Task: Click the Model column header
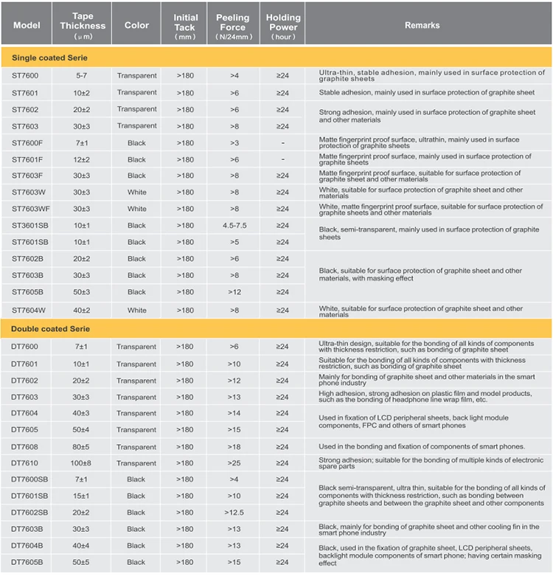[x=27, y=25]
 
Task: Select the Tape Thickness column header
[x=88, y=25]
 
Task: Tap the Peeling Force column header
[x=234, y=26]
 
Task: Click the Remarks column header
[x=422, y=25]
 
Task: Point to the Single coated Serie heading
[x=51, y=58]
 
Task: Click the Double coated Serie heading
[x=51, y=328]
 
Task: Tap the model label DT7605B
[x=27, y=562]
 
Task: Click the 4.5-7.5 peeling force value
[x=234, y=226]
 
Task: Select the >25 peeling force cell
[x=234, y=463]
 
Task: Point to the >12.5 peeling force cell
[x=234, y=513]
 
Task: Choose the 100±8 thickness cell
[x=81, y=463]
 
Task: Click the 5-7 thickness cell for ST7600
[x=81, y=75]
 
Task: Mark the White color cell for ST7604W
[x=136, y=311]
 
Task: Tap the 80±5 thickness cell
[x=81, y=447]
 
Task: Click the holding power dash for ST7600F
[x=282, y=143]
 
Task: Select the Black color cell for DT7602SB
[x=136, y=513]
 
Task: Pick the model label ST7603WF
[x=30, y=209]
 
